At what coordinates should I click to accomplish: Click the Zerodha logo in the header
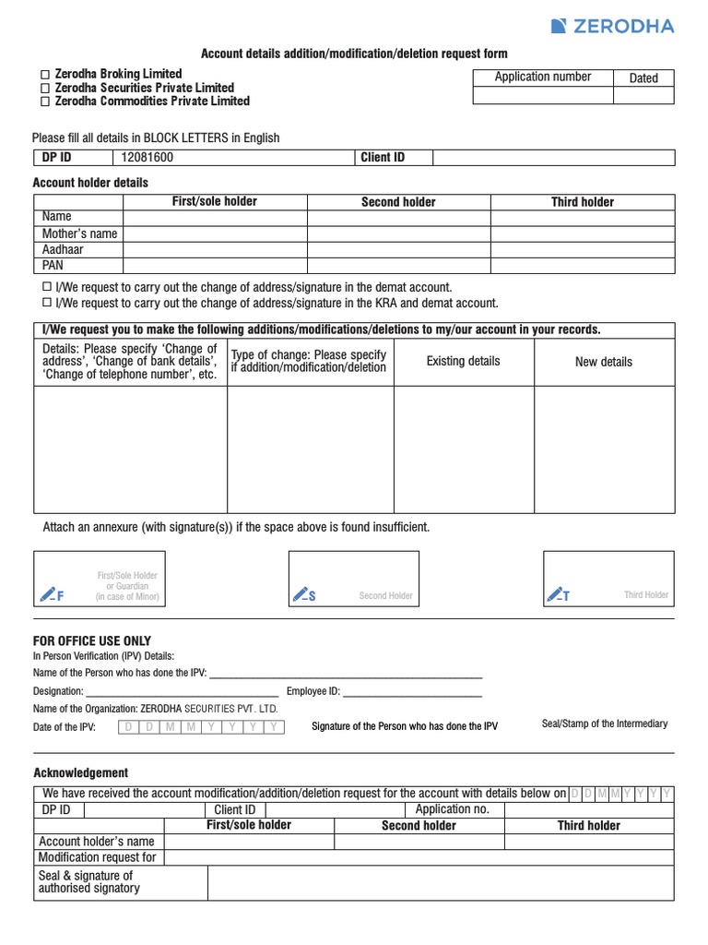click(x=612, y=26)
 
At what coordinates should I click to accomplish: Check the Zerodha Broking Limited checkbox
click(x=43, y=74)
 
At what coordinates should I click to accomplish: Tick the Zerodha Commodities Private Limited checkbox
click(x=43, y=102)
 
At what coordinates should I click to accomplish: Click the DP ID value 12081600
click(x=147, y=158)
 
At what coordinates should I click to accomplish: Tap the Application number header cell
click(x=543, y=78)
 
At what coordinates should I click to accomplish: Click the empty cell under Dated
click(x=643, y=96)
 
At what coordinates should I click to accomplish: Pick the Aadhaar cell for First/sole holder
click(x=215, y=249)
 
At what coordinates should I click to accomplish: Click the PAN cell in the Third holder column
click(x=583, y=265)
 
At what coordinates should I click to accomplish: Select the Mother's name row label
click(x=79, y=233)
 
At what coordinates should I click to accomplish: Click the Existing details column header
click(x=464, y=361)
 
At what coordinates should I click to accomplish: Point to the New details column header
click(x=604, y=362)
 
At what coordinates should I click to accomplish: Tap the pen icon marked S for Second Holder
click(x=303, y=594)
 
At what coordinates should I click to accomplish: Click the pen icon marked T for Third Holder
click(x=558, y=594)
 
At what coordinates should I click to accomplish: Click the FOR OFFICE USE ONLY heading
click(x=92, y=641)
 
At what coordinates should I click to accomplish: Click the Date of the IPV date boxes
click(x=201, y=727)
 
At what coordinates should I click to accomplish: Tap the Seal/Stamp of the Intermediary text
click(x=605, y=724)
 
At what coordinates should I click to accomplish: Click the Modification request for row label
click(x=98, y=857)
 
